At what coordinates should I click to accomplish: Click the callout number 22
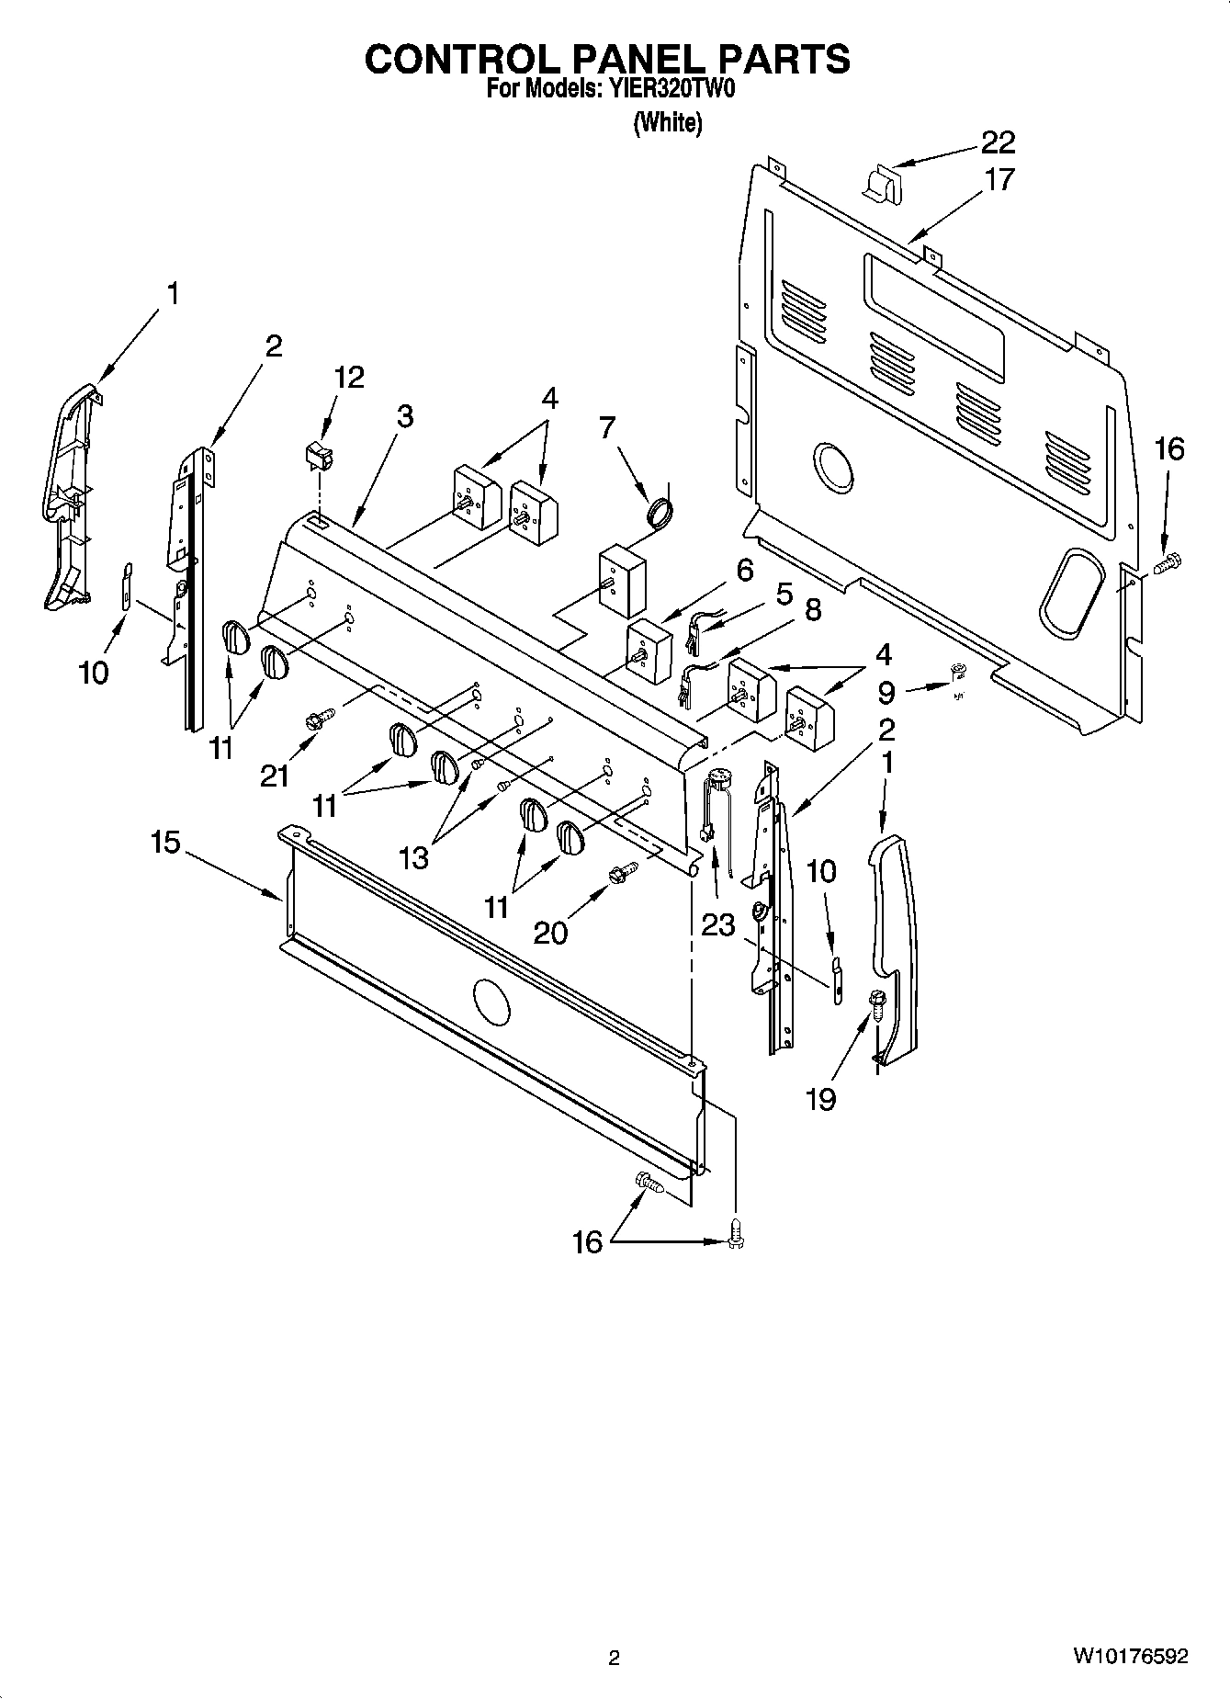(x=998, y=142)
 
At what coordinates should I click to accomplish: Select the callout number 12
(x=348, y=377)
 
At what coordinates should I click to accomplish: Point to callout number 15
(x=165, y=843)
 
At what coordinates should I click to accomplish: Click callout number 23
(x=717, y=924)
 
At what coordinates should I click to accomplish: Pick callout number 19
(x=820, y=1098)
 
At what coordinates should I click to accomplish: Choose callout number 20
(x=550, y=932)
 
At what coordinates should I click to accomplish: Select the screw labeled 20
(x=622, y=871)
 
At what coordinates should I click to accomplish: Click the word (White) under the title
(x=668, y=122)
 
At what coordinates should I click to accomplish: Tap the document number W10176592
(x=1130, y=1656)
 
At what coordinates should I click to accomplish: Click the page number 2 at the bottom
(x=614, y=1658)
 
